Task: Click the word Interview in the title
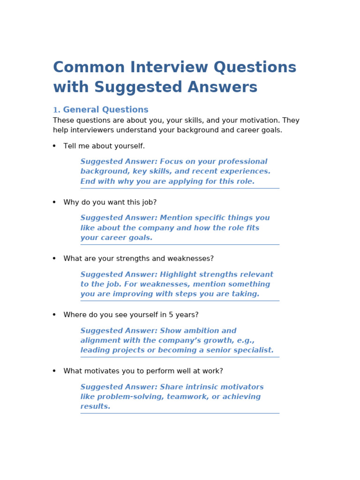(x=169, y=67)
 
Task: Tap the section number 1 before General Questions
(x=56, y=110)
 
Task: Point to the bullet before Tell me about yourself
(x=54, y=146)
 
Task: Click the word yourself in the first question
(x=129, y=146)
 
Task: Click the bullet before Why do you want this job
(x=54, y=202)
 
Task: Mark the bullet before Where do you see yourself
(x=54, y=315)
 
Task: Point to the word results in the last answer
(x=95, y=407)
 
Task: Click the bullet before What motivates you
(x=54, y=371)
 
